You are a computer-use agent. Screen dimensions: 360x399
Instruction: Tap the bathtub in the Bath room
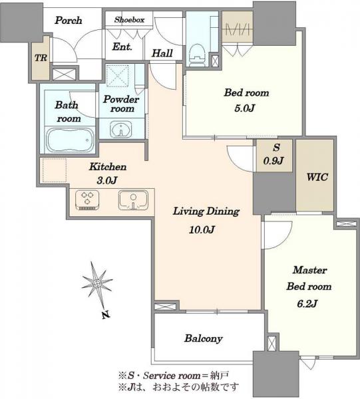pyautogui.click(x=69, y=140)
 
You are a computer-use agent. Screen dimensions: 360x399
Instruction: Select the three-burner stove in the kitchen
pyautogui.click(x=87, y=200)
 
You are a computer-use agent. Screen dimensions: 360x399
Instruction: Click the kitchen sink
pyautogui.click(x=133, y=200)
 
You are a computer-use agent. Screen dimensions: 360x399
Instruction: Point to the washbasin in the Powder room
pyautogui.click(x=121, y=129)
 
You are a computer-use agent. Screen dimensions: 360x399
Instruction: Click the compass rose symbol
pyautogui.click(x=96, y=283)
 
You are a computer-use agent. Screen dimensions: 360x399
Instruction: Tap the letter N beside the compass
pyautogui.click(x=106, y=315)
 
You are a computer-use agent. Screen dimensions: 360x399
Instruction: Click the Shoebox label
pyautogui.click(x=129, y=19)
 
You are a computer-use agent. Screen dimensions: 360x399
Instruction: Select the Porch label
pyautogui.click(x=69, y=21)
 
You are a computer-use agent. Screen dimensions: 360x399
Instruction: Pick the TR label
pyautogui.click(x=41, y=58)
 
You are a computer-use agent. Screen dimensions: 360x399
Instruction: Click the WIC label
pyautogui.click(x=317, y=177)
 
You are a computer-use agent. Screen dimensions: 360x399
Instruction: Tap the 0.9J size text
pyautogui.click(x=273, y=161)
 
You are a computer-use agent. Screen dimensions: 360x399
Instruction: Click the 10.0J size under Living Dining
pyautogui.click(x=202, y=230)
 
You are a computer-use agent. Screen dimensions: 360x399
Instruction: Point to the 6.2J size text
pyautogui.click(x=307, y=304)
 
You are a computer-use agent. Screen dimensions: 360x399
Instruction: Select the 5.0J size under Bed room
pyautogui.click(x=244, y=108)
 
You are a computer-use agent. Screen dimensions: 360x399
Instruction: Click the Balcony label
pyautogui.click(x=204, y=338)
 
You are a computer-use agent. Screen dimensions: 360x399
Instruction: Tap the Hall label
pyautogui.click(x=162, y=53)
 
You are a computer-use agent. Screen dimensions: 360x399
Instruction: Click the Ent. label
pyautogui.click(x=122, y=47)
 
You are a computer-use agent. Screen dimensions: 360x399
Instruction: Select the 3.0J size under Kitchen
pyautogui.click(x=107, y=181)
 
